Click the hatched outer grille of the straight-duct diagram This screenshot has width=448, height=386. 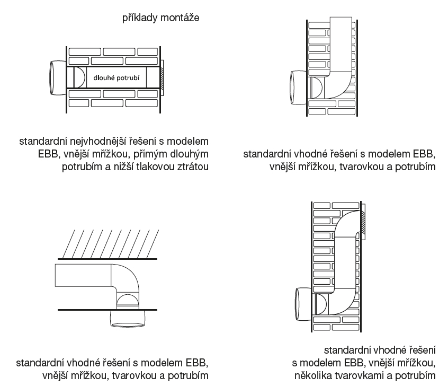click(x=162, y=78)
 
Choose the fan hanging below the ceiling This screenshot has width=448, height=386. click(x=128, y=319)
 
